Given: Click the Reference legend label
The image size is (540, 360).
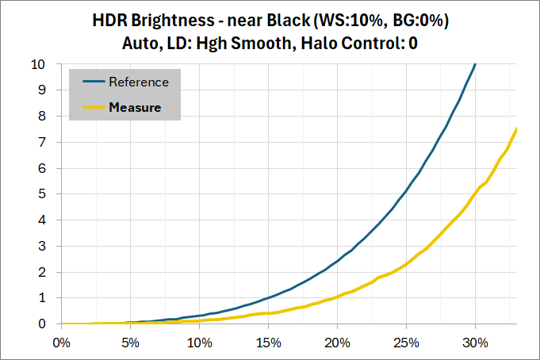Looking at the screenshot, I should point(139,82).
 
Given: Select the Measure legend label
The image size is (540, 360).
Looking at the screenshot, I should point(135,107).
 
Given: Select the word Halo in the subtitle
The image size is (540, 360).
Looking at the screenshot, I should point(316,44).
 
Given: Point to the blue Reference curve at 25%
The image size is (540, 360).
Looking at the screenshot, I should point(406,191).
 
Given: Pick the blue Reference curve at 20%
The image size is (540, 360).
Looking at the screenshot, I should point(337,261).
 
